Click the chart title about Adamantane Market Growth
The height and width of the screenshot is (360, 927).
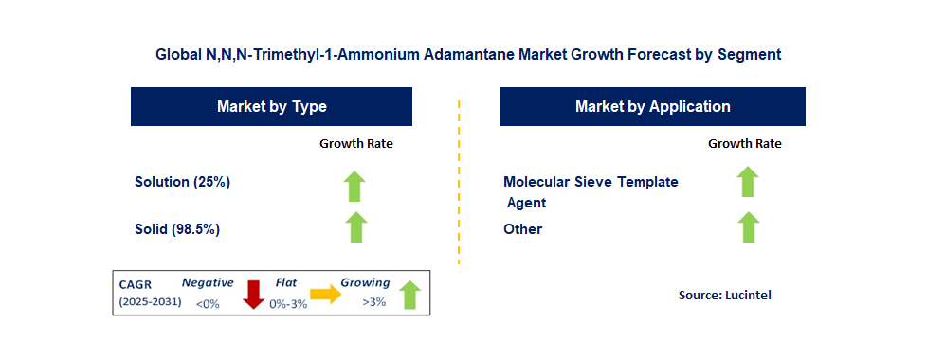(x=468, y=54)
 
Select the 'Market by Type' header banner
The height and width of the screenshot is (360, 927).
(x=271, y=106)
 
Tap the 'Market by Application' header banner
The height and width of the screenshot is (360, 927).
(x=653, y=106)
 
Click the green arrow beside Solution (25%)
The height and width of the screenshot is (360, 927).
(x=354, y=187)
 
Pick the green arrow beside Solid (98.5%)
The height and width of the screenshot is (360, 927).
(x=354, y=227)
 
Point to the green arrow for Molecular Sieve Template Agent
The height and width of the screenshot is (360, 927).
(x=748, y=182)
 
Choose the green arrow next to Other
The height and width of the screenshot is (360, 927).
(x=748, y=227)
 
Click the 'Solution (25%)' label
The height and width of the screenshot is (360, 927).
(x=182, y=182)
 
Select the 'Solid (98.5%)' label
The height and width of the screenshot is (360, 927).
(x=177, y=229)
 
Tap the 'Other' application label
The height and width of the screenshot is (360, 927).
(x=522, y=229)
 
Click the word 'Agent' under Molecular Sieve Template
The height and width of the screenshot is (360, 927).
(x=526, y=203)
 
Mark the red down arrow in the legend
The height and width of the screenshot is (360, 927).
(x=254, y=294)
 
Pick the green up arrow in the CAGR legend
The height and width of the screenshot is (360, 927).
(x=409, y=295)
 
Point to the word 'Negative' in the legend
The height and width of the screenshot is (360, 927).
(x=208, y=282)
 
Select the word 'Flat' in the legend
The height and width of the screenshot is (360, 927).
(x=286, y=282)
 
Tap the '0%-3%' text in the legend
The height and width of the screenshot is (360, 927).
(x=288, y=304)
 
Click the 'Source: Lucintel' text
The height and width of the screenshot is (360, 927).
(x=725, y=295)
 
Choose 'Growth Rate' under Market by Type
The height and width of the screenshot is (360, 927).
(x=355, y=144)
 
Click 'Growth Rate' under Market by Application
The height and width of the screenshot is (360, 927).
(x=745, y=144)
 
